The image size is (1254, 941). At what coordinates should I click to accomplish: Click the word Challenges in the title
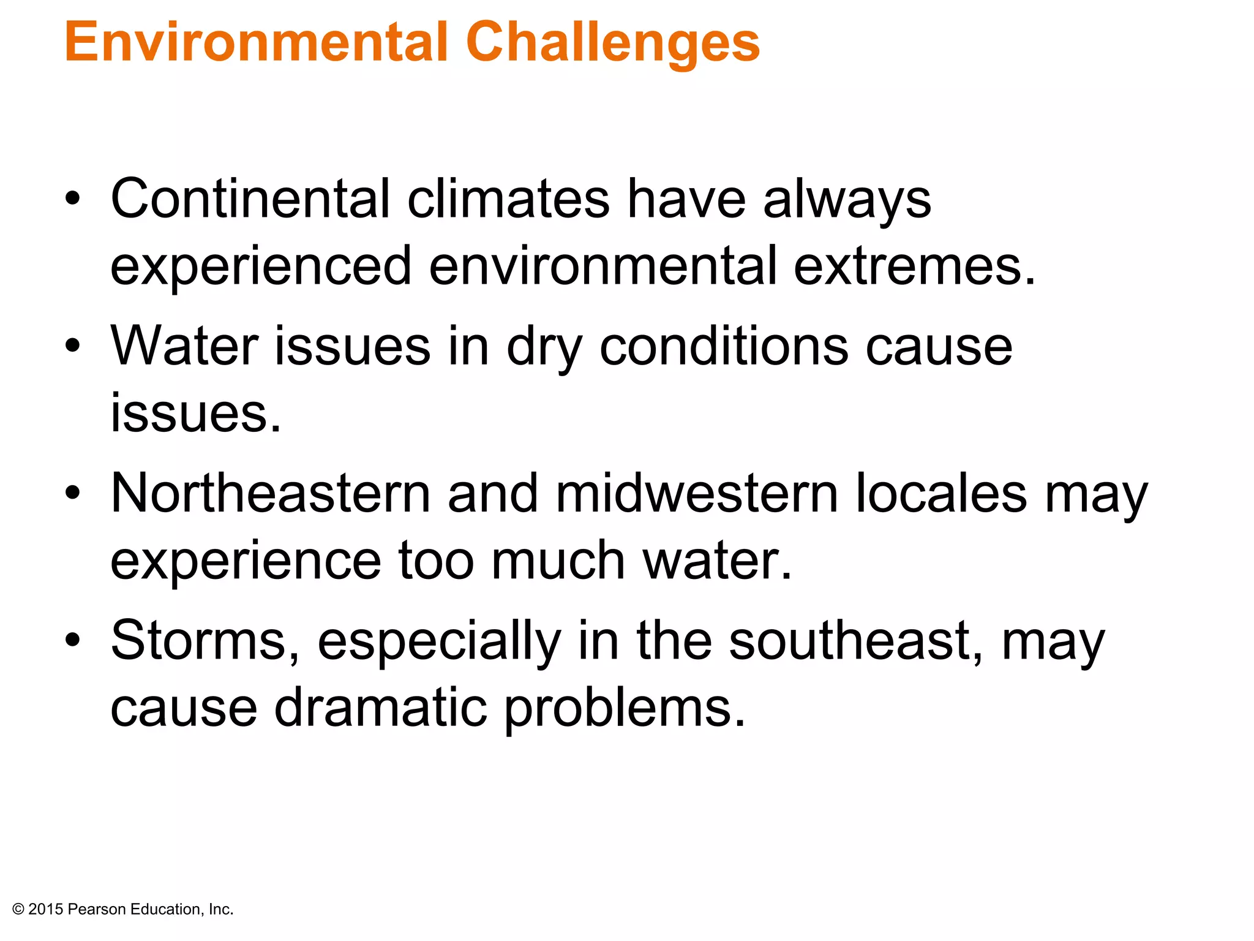(612, 43)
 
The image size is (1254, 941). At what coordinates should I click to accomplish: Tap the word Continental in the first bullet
(250, 198)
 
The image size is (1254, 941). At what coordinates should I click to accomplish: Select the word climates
(508, 198)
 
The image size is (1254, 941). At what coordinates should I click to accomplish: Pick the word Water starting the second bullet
(184, 346)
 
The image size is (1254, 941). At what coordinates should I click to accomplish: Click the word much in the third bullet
(558, 560)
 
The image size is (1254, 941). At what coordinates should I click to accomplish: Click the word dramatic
(380, 707)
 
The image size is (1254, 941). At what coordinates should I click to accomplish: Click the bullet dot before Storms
(73, 640)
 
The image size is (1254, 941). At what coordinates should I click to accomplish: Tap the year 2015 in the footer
(46, 909)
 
